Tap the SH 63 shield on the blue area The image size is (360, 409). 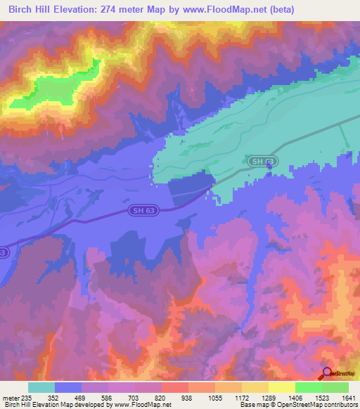(144, 210)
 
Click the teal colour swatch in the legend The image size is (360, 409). (41, 387)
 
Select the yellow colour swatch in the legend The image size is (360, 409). (281, 387)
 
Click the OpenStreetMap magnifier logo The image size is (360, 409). (327, 375)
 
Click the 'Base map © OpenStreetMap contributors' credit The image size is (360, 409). (297, 405)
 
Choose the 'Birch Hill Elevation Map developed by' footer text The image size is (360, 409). (49, 405)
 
